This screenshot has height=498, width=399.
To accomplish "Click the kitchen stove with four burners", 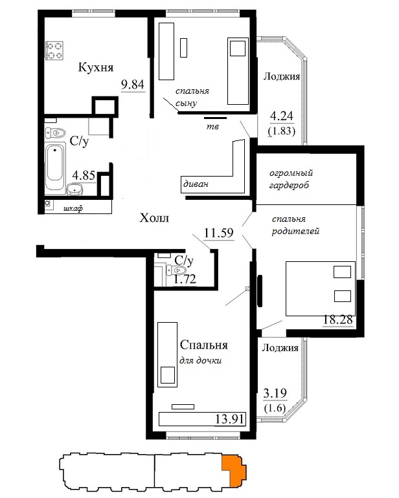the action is [x=54, y=51].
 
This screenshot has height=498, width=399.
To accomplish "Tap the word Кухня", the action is [x=96, y=67].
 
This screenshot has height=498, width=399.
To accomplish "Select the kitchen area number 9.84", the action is [x=133, y=85].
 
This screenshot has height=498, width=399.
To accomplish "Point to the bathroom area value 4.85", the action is [x=84, y=175].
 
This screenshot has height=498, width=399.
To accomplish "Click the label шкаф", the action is [x=73, y=208].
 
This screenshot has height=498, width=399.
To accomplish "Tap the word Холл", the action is [x=154, y=218].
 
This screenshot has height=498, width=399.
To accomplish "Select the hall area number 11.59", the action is [x=218, y=233].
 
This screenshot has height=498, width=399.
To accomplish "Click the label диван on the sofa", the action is [x=196, y=184].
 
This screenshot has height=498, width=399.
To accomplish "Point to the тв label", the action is [x=212, y=126].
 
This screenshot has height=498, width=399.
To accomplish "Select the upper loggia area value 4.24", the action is [x=282, y=116].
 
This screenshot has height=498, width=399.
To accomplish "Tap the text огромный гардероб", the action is [x=291, y=179].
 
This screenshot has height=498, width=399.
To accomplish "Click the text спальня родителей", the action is [x=295, y=225].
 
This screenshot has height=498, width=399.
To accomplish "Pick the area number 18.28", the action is [x=337, y=319].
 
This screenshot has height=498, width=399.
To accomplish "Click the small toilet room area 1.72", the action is [x=185, y=279].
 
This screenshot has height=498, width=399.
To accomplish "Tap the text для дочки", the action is [x=200, y=360].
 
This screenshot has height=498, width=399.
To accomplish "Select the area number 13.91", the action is [x=230, y=419].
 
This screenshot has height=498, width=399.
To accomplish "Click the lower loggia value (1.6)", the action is [x=275, y=407].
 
